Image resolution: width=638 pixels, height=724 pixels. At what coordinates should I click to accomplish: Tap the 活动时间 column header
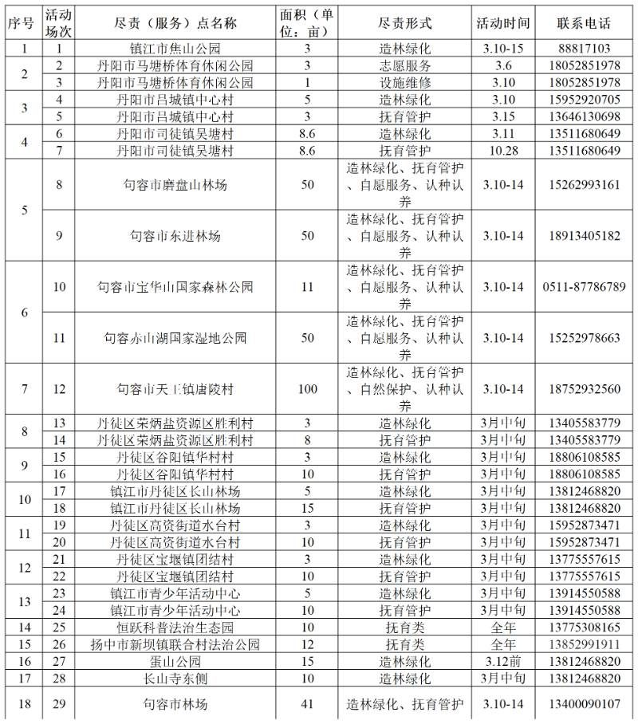pyautogui.click(x=502, y=22)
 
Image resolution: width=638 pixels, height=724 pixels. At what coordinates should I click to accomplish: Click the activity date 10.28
pyautogui.click(x=502, y=151)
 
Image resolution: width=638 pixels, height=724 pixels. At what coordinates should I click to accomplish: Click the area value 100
pyautogui.click(x=308, y=389)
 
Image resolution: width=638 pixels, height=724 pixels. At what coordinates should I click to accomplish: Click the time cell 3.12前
pyautogui.click(x=502, y=661)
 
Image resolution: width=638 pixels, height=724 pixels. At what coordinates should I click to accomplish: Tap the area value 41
pyautogui.click(x=308, y=704)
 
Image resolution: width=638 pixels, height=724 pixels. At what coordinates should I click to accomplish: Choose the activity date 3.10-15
pyautogui.click(x=502, y=49)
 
